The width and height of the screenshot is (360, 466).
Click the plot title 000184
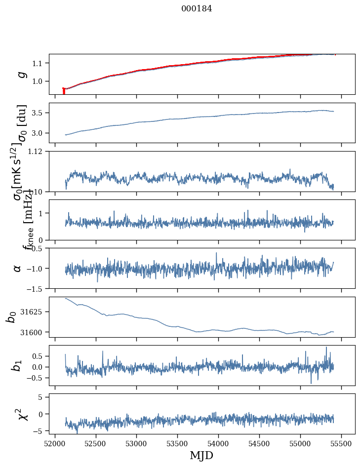click(x=197, y=8)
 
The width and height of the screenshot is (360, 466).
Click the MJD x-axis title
click(x=201, y=455)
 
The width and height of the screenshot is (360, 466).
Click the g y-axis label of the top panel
click(x=21, y=74)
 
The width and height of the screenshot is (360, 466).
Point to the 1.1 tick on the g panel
click(x=40, y=63)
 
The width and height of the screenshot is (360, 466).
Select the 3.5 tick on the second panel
click(x=40, y=113)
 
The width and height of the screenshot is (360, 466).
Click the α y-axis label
click(x=17, y=268)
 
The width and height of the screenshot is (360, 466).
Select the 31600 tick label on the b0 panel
click(x=35, y=332)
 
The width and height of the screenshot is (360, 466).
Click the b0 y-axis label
click(x=11, y=317)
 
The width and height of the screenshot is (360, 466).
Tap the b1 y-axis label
click(x=17, y=365)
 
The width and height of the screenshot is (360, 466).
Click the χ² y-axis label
click(x=21, y=414)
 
